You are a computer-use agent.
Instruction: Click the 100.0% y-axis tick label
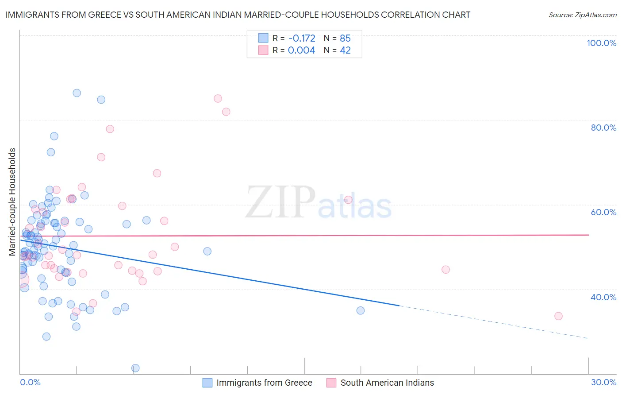tap(601, 43)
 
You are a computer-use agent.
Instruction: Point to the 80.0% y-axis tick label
tap(603, 128)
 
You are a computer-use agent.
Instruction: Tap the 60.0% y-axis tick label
tap(603, 212)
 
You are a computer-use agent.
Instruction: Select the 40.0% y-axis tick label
tap(603, 297)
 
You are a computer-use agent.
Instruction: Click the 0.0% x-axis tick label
tap(30, 382)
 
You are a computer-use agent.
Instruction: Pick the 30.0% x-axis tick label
tap(603, 382)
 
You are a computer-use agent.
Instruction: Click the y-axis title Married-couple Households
tap(12, 202)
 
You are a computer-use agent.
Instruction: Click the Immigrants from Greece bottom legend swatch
tap(207, 383)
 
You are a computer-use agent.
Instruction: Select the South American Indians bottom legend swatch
tap(331, 383)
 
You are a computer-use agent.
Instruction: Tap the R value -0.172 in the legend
tap(301, 38)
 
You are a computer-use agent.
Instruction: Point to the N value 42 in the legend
tap(345, 50)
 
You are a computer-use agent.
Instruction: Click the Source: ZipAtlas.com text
tap(582, 15)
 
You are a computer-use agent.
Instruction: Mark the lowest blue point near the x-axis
tap(135, 368)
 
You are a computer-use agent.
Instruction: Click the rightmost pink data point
tap(558, 316)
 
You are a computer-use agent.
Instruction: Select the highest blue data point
tap(77, 93)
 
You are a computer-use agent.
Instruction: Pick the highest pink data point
tap(218, 99)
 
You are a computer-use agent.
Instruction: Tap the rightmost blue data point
tap(361, 310)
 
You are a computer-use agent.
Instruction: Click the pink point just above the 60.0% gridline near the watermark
tap(348, 200)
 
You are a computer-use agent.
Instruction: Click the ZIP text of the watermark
tap(280, 202)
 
